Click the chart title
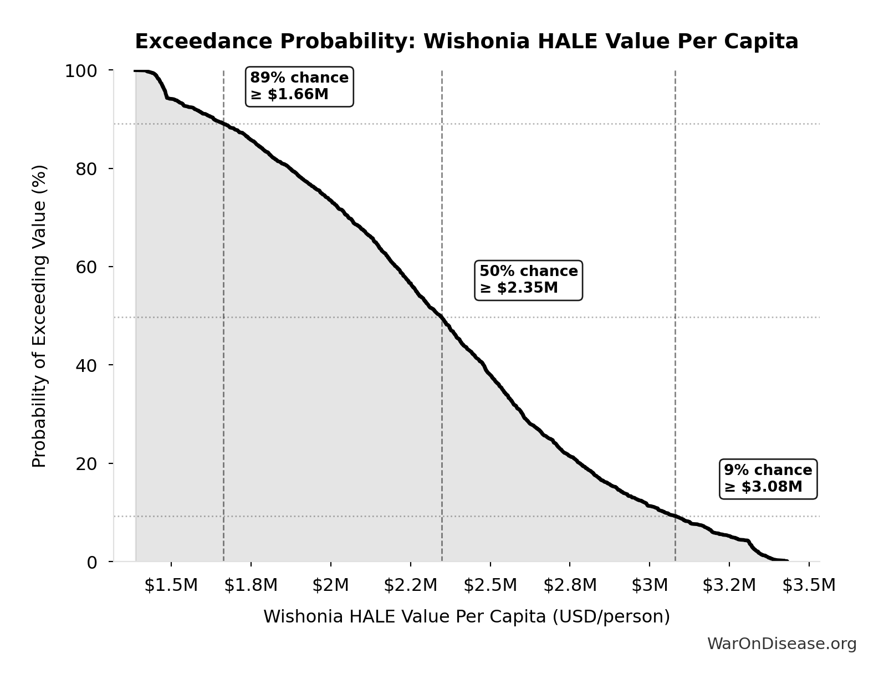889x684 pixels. (x=466, y=42)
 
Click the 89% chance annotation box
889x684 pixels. (x=299, y=86)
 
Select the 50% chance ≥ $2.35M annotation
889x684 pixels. (x=528, y=279)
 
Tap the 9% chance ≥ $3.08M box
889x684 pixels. (x=768, y=478)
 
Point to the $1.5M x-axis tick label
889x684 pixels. (x=171, y=585)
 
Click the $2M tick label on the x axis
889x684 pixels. (x=330, y=585)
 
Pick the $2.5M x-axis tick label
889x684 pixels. (x=490, y=585)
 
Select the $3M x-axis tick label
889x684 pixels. (x=650, y=585)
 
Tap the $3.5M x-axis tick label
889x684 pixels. (x=809, y=585)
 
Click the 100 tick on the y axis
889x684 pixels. (x=81, y=71)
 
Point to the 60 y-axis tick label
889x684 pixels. (x=86, y=267)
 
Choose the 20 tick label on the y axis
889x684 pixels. (x=86, y=464)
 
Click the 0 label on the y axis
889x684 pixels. (x=92, y=562)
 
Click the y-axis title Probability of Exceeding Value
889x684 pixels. (x=39, y=316)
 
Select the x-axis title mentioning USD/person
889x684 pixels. (x=466, y=617)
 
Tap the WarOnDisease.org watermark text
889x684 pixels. (x=781, y=644)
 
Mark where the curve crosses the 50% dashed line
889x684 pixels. (x=442, y=317)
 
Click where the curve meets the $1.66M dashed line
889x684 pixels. (x=223, y=124)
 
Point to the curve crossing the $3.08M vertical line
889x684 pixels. (x=675, y=516)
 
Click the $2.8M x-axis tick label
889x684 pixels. (x=570, y=585)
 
